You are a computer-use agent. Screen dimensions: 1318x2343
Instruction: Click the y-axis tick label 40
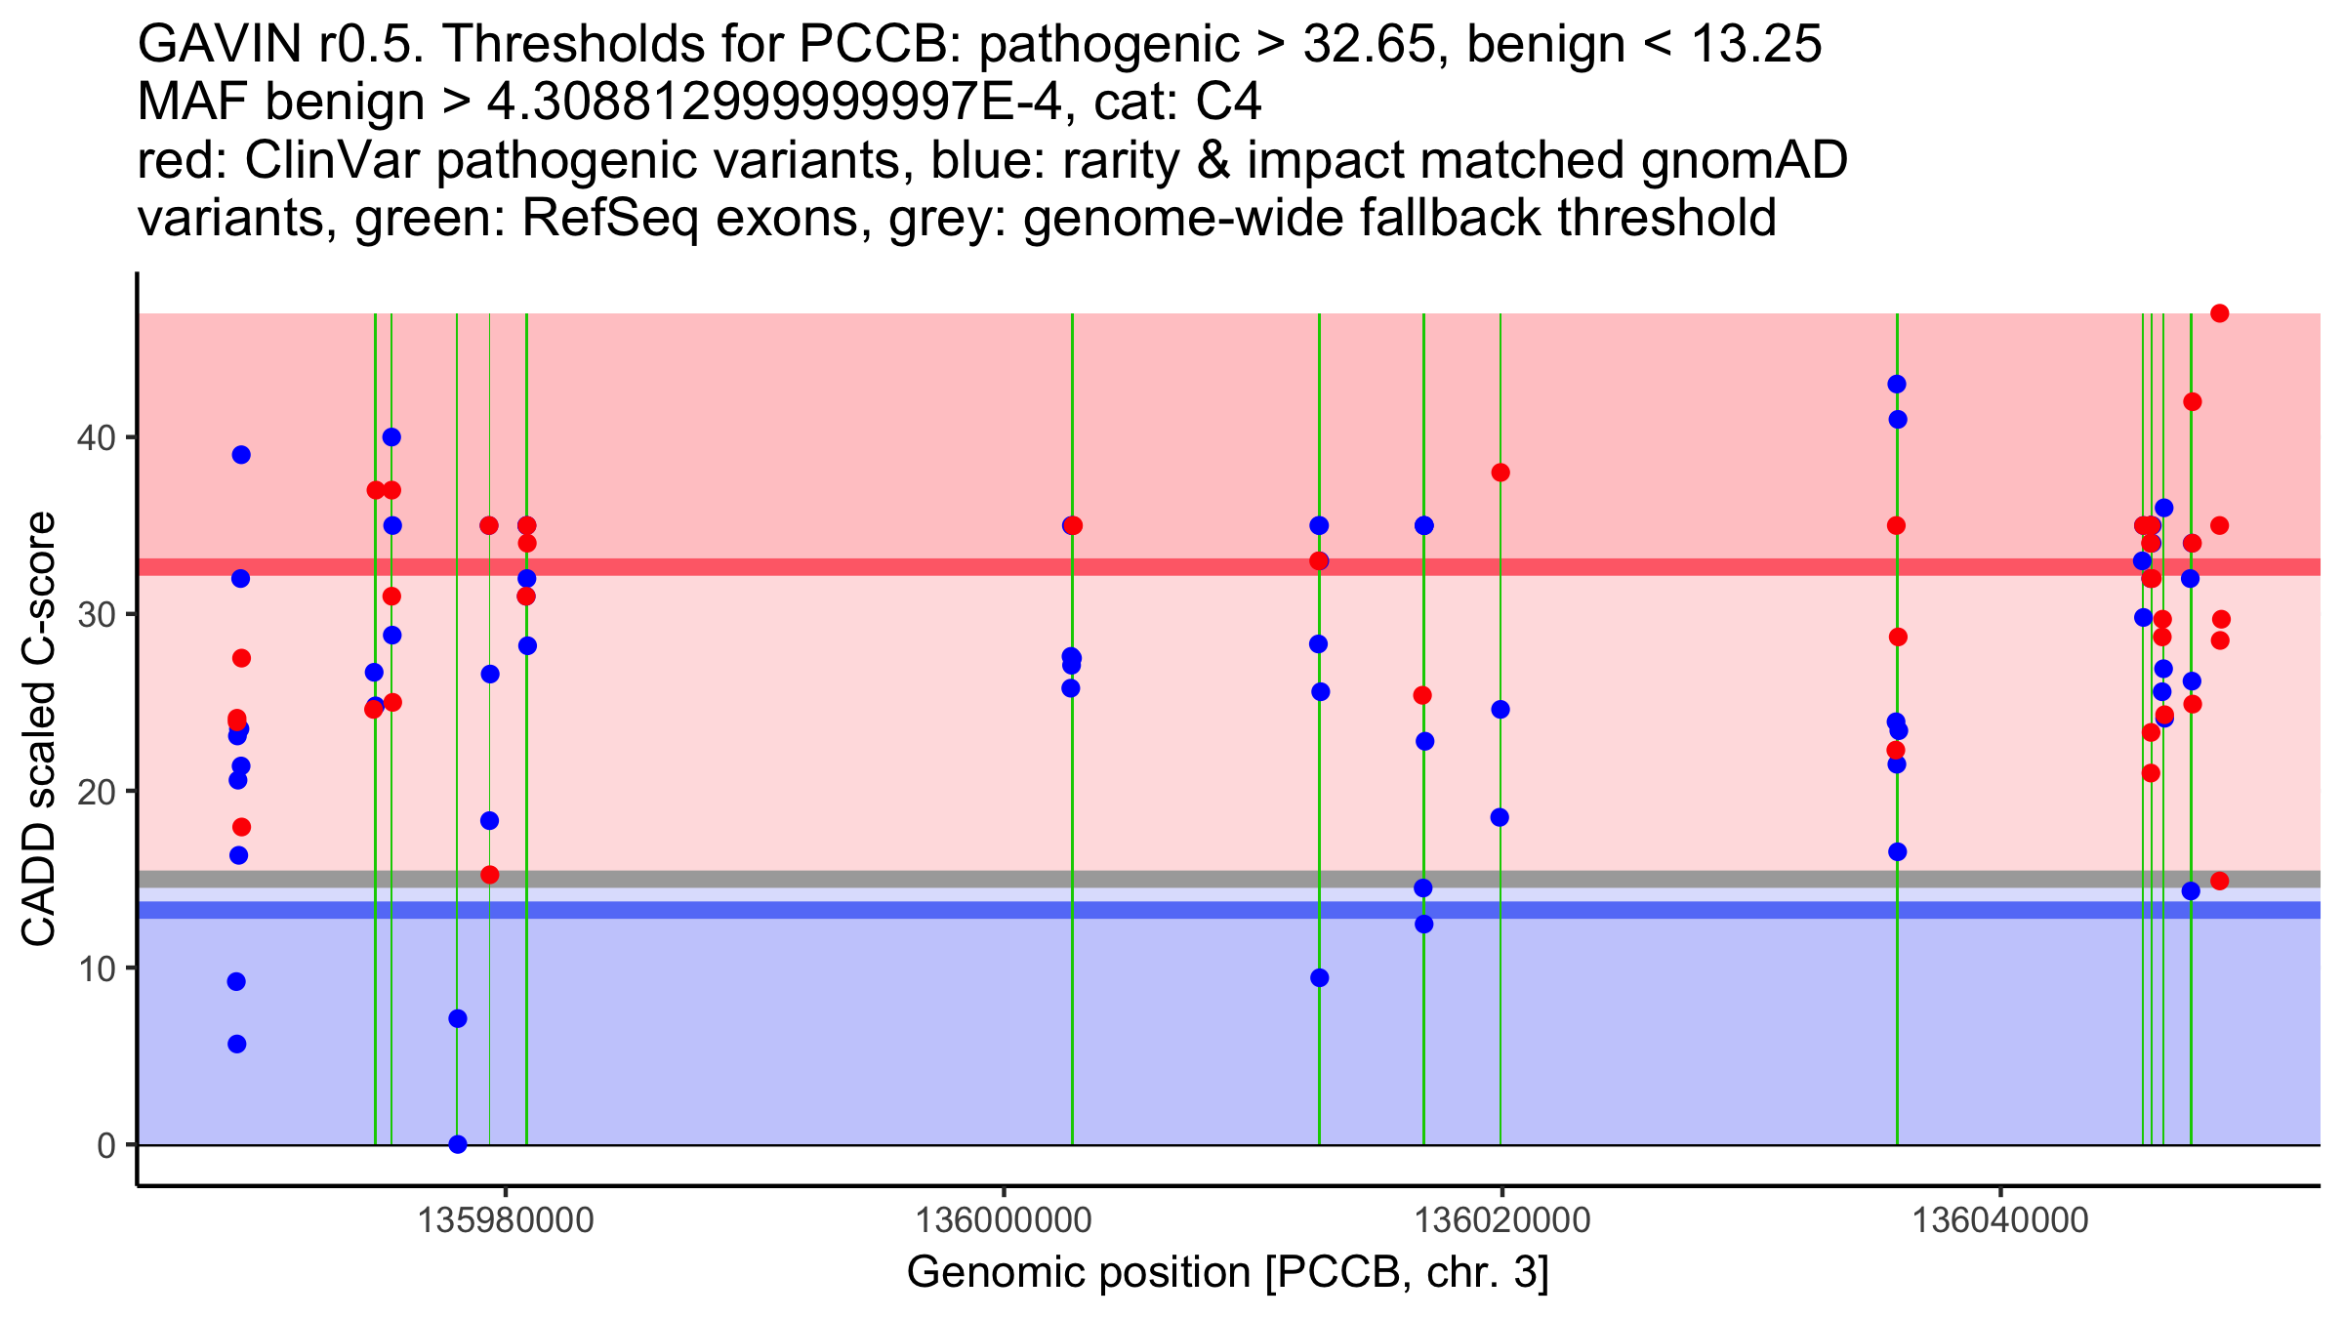(x=95, y=437)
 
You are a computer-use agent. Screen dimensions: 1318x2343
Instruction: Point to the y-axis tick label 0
(x=105, y=1145)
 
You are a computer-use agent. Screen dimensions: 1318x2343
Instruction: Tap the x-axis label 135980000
(x=506, y=1220)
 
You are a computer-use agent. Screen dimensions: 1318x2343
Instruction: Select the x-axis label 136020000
(x=1502, y=1220)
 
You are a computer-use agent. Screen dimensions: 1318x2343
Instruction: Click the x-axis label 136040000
(x=2000, y=1220)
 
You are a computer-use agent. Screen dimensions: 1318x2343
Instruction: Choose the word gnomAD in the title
(x=1745, y=160)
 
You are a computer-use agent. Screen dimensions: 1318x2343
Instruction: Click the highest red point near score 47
(x=2219, y=313)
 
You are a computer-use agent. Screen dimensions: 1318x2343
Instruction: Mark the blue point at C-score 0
(x=458, y=1144)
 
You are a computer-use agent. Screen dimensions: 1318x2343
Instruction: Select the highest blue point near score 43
(x=1897, y=385)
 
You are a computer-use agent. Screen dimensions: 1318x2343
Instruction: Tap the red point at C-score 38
(x=1500, y=473)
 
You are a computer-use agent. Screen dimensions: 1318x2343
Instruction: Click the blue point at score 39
(x=241, y=455)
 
